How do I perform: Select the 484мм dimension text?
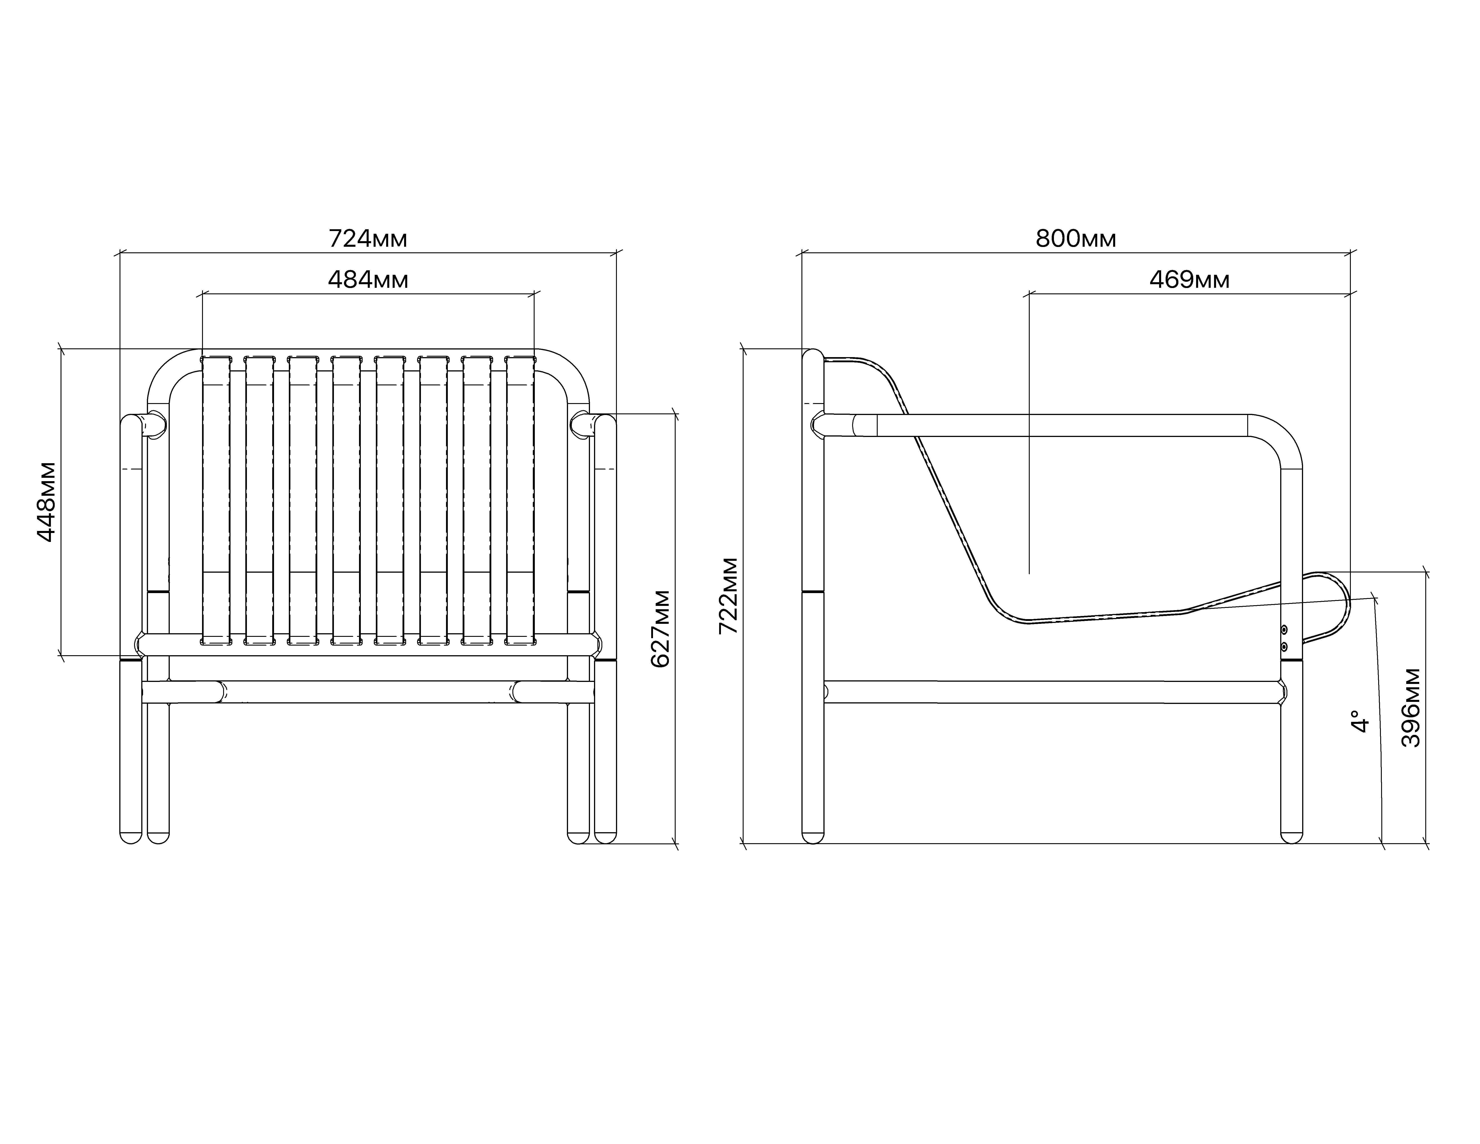coord(368,279)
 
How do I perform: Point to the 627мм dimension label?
coord(660,629)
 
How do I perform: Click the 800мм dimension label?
coord(1075,239)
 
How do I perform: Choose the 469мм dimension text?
coord(1189,279)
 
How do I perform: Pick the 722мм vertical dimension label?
coord(729,596)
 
